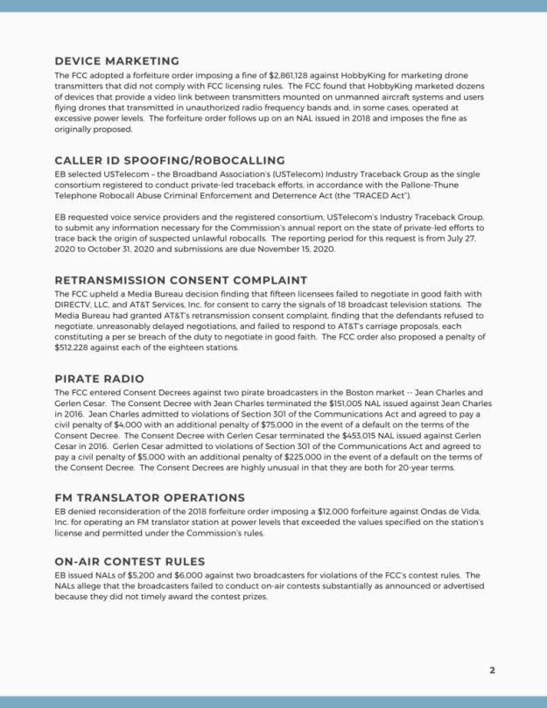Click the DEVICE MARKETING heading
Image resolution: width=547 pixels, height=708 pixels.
pos(116,61)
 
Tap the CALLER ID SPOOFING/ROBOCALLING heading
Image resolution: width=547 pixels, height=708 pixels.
pos(169,160)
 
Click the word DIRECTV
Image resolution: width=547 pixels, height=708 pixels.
pos(76,305)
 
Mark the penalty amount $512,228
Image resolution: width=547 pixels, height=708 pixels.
pos(74,347)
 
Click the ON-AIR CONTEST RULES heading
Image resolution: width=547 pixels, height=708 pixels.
pos(130,561)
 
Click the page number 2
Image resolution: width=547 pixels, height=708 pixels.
pos(492,670)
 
